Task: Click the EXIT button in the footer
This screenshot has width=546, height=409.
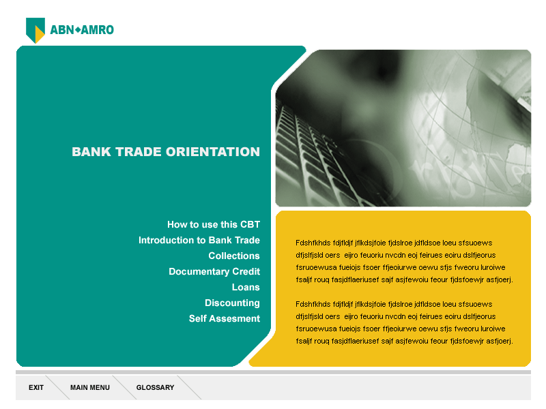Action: click(x=36, y=387)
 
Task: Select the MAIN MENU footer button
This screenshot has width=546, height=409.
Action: click(x=90, y=387)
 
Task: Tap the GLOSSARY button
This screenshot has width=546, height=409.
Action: click(x=155, y=387)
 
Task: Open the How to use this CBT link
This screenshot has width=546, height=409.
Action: click(x=214, y=224)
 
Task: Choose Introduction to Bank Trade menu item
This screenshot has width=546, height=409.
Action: click(x=199, y=240)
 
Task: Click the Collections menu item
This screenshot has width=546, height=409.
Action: click(x=234, y=256)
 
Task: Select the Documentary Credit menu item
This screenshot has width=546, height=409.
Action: click(x=214, y=271)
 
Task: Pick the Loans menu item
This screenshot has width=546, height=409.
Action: click(x=246, y=287)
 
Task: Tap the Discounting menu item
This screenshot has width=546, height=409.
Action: click(x=232, y=303)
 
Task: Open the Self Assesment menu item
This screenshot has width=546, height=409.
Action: click(x=225, y=318)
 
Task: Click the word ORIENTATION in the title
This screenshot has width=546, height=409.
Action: click(x=213, y=151)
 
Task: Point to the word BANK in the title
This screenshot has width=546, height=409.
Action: click(x=91, y=151)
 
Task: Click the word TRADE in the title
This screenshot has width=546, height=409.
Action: click(x=139, y=151)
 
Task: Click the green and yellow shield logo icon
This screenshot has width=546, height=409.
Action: click(x=35, y=30)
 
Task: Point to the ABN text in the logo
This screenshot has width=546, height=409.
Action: click(x=62, y=30)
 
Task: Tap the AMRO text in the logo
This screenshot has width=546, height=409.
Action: click(x=98, y=30)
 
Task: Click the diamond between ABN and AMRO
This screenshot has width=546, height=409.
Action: click(x=78, y=30)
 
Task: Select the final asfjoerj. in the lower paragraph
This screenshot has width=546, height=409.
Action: click(x=500, y=341)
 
